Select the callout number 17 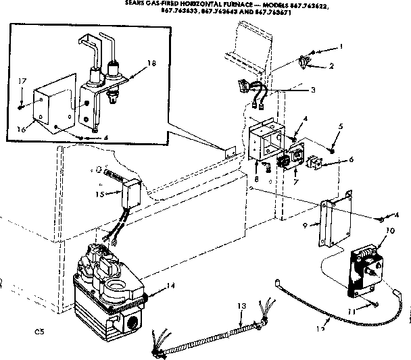[x=22, y=81]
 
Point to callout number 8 [x=258, y=180]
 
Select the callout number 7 [x=297, y=182]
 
